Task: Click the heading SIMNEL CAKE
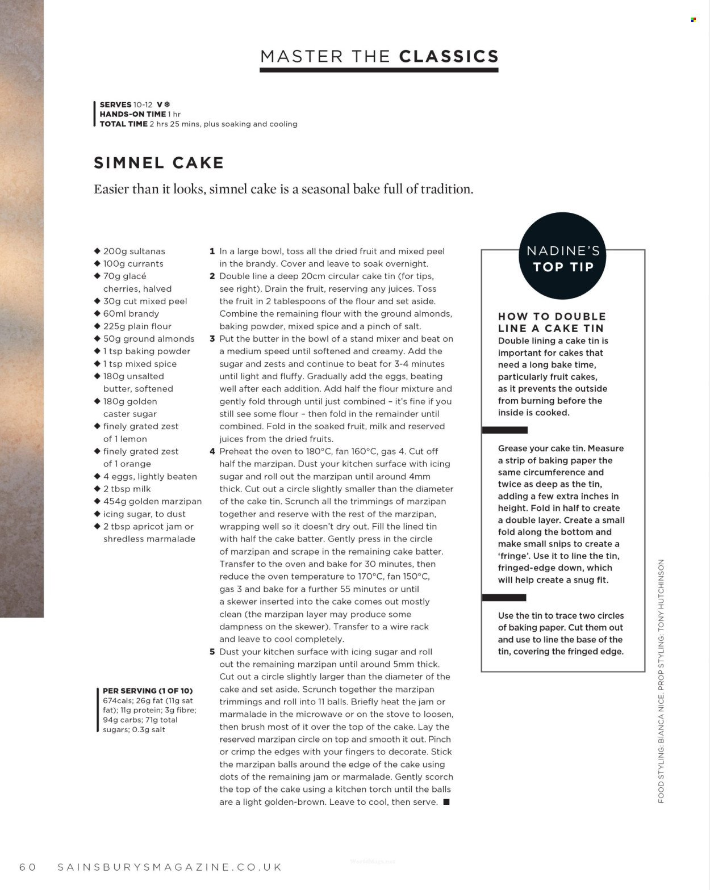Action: pos(158,163)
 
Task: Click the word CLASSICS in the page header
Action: pos(449,56)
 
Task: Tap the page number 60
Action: pos(28,867)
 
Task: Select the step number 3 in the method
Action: pos(212,339)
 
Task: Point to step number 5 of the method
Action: pos(212,652)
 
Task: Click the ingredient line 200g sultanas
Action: pos(134,251)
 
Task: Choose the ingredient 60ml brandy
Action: pos(131,314)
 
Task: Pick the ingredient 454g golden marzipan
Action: pos(152,501)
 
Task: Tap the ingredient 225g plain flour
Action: pos(137,326)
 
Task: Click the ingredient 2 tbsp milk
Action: pos(127,489)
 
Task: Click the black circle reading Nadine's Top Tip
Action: pos(563,258)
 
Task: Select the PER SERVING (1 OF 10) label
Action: pos(148,691)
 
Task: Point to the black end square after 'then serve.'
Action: pos(446,802)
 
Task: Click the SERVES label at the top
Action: pos(115,104)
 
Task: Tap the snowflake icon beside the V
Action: pos(167,104)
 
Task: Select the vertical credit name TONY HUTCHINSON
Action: pos(661,602)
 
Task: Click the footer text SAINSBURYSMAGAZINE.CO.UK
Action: pos(170,867)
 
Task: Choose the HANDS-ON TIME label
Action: pos(132,114)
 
